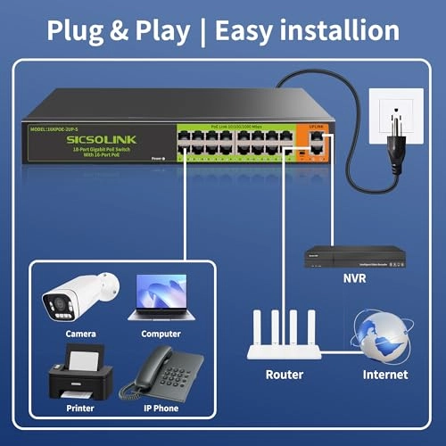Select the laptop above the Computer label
click(x=161, y=297)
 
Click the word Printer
click(x=80, y=408)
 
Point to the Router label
click(x=285, y=375)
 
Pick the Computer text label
click(x=161, y=334)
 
